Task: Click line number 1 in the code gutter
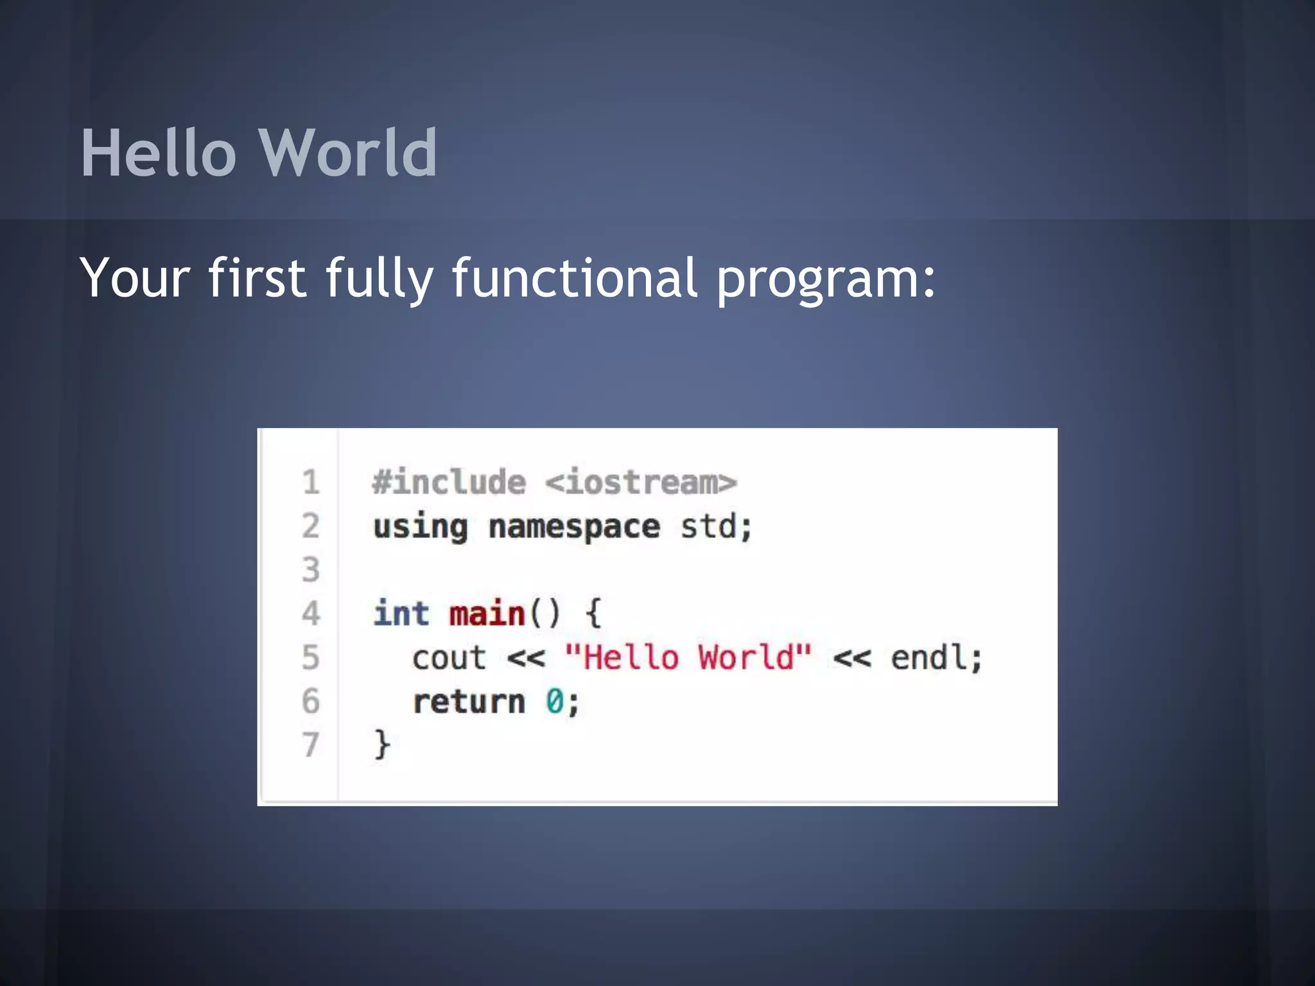(x=311, y=482)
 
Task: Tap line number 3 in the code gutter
(x=311, y=569)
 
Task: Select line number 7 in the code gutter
(x=311, y=745)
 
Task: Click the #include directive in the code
(x=449, y=482)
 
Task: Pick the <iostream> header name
(x=641, y=482)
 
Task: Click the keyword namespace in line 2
(x=574, y=528)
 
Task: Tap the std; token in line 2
(x=716, y=526)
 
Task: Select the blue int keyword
(x=401, y=613)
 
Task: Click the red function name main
(x=487, y=614)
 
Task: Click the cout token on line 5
(x=449, y=658)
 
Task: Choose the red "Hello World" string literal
(x=688, y=657)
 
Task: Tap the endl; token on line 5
(x=936, y=657)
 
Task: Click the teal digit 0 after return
(x=554, y=701)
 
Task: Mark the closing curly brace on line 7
(x=382, y=745)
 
